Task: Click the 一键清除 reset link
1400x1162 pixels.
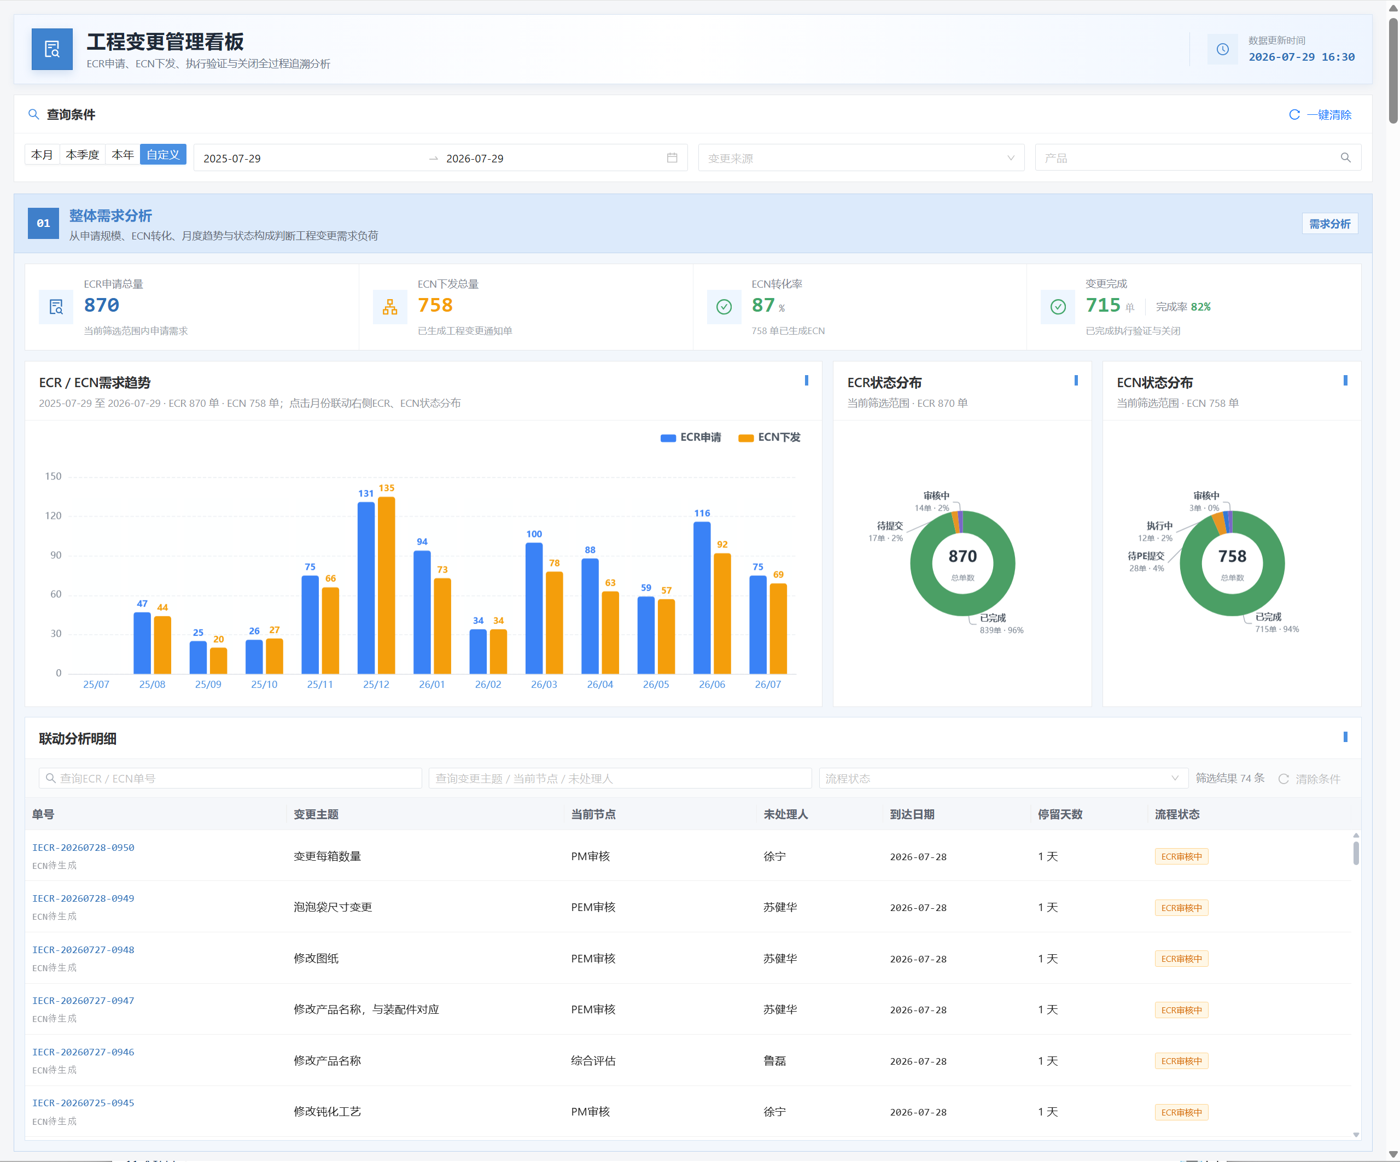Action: (x=1320, y=115)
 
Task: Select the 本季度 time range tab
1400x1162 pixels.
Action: (x=82, y=155)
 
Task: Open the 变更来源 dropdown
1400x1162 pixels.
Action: (x=861, y=158)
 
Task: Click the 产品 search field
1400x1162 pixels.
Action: (x=1197, y=158)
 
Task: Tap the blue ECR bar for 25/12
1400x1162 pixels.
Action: (x=366, y=587)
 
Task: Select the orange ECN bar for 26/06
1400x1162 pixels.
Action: (x=722, y=614)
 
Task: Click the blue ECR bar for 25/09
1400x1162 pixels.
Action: (x=198, y=657)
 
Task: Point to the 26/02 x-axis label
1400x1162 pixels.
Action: (x=488, y=685)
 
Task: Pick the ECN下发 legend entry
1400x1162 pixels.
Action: (x=769, y=437)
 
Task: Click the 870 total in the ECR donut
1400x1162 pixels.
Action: (x=962, y=556)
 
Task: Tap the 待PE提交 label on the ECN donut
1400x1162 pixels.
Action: (x=1146, y=556)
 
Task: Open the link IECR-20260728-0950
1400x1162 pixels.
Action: (x=83, y=848)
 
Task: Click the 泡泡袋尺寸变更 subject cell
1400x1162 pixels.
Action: (x=332, y=907)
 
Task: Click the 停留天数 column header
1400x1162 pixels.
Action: (x=1060, y=814)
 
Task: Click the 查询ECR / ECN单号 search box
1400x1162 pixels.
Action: (x=230, y=778)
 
